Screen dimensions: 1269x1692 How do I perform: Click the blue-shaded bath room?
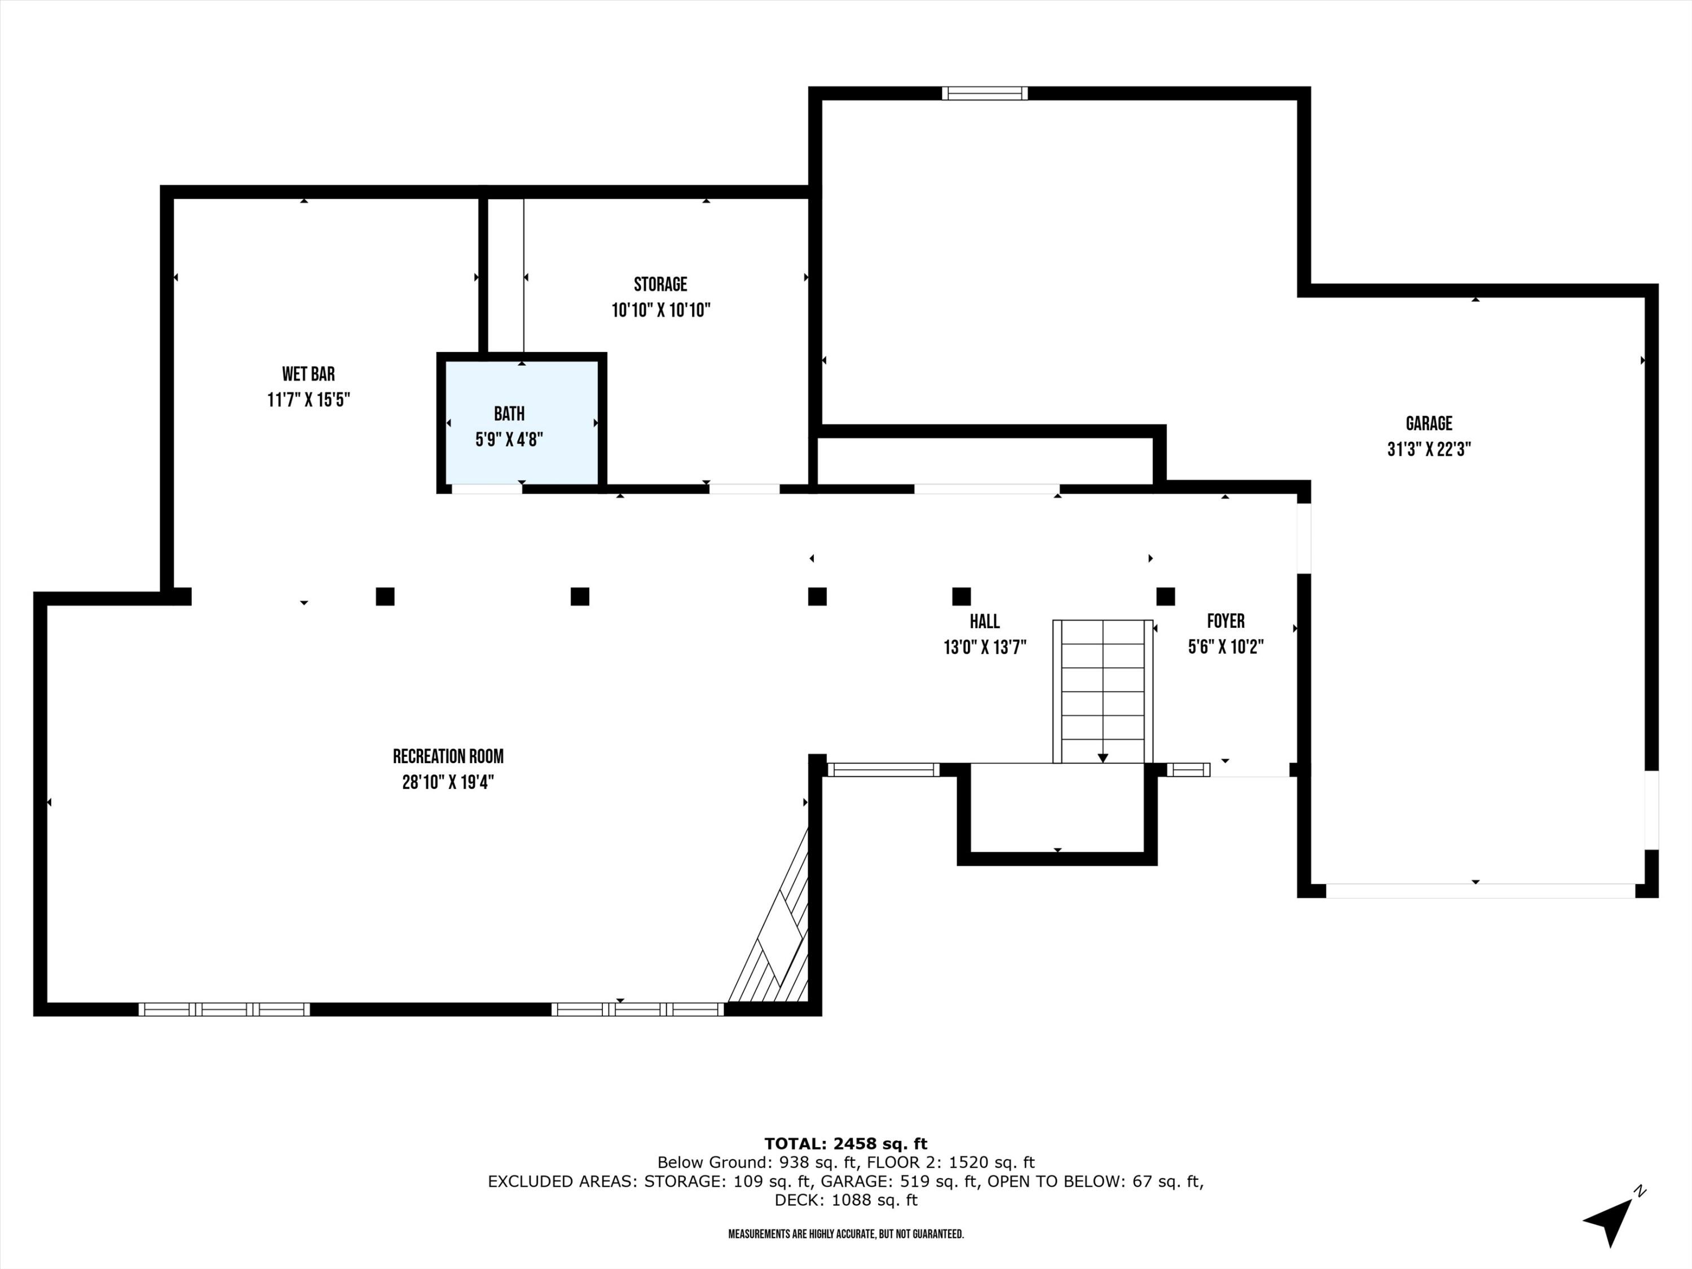pos(522,425)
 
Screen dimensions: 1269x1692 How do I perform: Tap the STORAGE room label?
pos(660,285)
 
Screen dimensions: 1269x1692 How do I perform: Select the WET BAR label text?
pos(309,374)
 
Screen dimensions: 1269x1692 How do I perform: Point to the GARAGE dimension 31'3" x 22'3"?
pos(1429,449)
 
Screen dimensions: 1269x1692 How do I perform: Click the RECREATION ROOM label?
pos(448,756)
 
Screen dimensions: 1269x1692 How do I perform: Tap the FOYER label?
pos(1226,621)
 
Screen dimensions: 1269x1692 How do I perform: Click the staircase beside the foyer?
pos(1102,691)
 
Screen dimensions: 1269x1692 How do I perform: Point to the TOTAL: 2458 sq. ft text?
pos(845,1144)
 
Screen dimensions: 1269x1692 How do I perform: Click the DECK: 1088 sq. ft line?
pos(845,1200)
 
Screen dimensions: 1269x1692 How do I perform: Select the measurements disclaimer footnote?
pos(845,1234)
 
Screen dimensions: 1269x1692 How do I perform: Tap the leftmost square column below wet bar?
pos(385,596)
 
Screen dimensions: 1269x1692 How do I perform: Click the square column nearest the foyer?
pos(1165,596)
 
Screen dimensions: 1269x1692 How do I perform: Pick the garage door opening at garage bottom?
pos(1480,891)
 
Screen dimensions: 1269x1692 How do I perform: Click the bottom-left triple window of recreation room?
pos(224,1009)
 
